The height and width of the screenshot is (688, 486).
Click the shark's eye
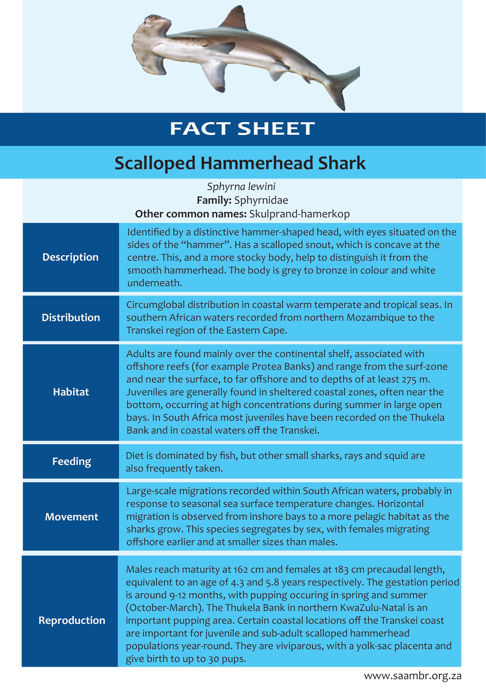coord(153,17)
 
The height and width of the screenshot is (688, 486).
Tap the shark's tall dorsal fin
coord(235,19)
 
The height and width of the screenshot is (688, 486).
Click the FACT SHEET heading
coord(242,129)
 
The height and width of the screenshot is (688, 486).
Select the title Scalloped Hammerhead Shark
coord(240,163)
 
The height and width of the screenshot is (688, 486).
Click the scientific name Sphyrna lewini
coord(241,186)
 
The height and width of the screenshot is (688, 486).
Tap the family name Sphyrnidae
coord(261,200)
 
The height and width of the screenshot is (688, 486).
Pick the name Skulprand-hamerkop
coord(299,214)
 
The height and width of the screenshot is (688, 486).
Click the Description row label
coord(70,257)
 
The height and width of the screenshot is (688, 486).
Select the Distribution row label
coord(71,318)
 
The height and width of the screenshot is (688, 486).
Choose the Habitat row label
coord(71,392)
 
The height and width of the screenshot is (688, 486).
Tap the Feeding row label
coord(71,461)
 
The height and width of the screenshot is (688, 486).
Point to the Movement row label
coord(71,517)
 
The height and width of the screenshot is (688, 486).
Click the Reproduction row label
coord(72,620)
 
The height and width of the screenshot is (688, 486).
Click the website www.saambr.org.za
coord(413,676)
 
